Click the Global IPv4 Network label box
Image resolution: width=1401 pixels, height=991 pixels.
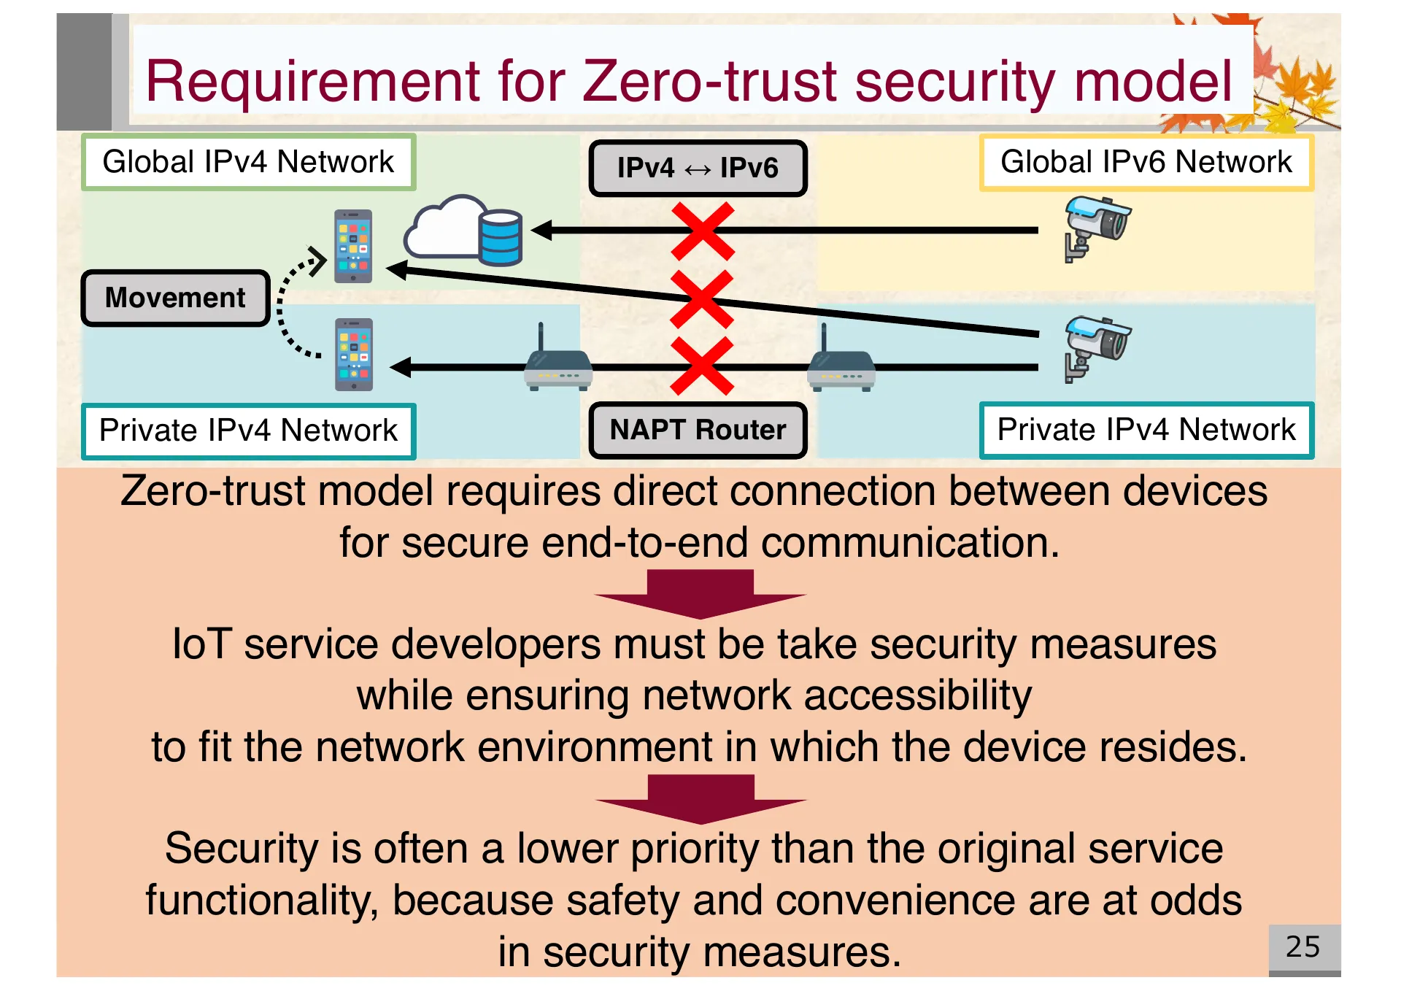click(248, 162)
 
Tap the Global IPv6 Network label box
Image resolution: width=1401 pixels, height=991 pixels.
click(1146, 162)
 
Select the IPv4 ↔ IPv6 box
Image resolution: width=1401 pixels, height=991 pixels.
click(698, 168)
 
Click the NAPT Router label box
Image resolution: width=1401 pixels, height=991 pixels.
click(698, 430)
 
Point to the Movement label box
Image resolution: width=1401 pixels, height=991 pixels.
click(175, 298)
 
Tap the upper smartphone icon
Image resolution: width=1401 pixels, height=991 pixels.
click(353, 246)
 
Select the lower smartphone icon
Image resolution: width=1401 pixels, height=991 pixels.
click(354, 355)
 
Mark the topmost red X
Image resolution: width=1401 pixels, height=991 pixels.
click(703, 231)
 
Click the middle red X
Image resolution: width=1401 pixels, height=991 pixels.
click(701, 298)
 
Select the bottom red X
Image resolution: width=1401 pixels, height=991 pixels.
click(702, 366)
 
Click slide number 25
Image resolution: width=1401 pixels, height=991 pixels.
click(1303, 946)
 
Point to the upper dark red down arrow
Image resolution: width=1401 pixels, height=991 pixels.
click(700, 593)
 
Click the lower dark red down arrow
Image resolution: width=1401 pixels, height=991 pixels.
click(700, 798)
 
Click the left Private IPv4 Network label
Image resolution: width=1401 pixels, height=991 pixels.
click(248, 431)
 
